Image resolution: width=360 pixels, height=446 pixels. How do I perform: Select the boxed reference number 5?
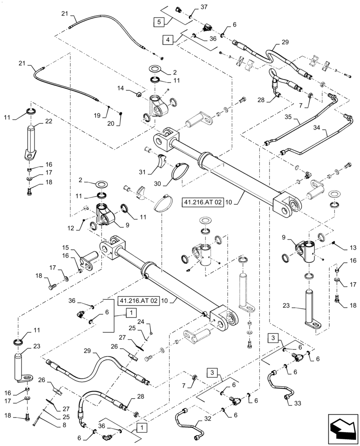158,21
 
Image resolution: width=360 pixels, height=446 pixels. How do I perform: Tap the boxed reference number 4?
168,40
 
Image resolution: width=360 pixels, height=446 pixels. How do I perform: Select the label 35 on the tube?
288,117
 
